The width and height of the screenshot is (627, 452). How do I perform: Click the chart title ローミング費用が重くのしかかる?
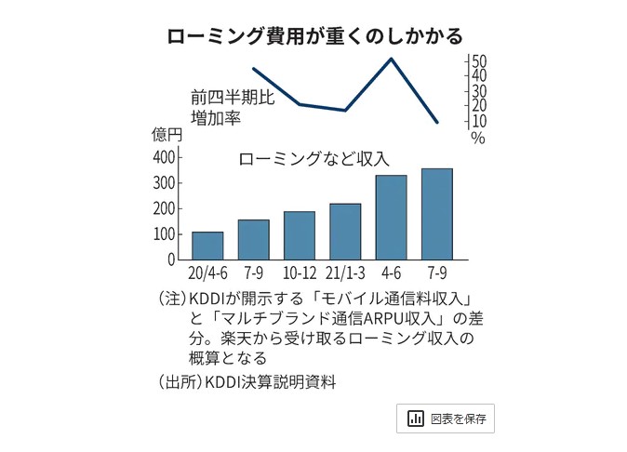coord(314,36)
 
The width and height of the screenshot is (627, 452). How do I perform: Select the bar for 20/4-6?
coord(207,246)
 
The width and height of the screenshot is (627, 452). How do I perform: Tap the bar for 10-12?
coord(300,235)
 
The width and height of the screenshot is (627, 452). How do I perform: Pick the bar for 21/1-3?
coord(345,232)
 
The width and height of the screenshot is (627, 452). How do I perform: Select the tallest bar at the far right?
coord(436,214)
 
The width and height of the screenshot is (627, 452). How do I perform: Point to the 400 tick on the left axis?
coord(165,156)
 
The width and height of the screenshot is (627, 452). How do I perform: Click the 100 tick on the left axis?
coord(165,233)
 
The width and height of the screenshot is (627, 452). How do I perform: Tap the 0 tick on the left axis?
coord(170,259)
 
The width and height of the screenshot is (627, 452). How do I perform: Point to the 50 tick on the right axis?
coord(478,60)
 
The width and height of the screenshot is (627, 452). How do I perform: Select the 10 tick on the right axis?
coord(478,121)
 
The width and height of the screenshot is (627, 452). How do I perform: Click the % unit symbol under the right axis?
coord(478,138)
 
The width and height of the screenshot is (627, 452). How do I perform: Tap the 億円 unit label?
coord(167,134)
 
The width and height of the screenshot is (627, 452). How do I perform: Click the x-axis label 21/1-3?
coord(345,275)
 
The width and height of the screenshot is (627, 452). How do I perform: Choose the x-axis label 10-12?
coord(300,275)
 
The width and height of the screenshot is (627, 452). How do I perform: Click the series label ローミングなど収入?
coord(313,158)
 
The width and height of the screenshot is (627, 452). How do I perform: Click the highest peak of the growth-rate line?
coord(391,59)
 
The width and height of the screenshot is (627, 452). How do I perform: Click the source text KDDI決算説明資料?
coord(270,381)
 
